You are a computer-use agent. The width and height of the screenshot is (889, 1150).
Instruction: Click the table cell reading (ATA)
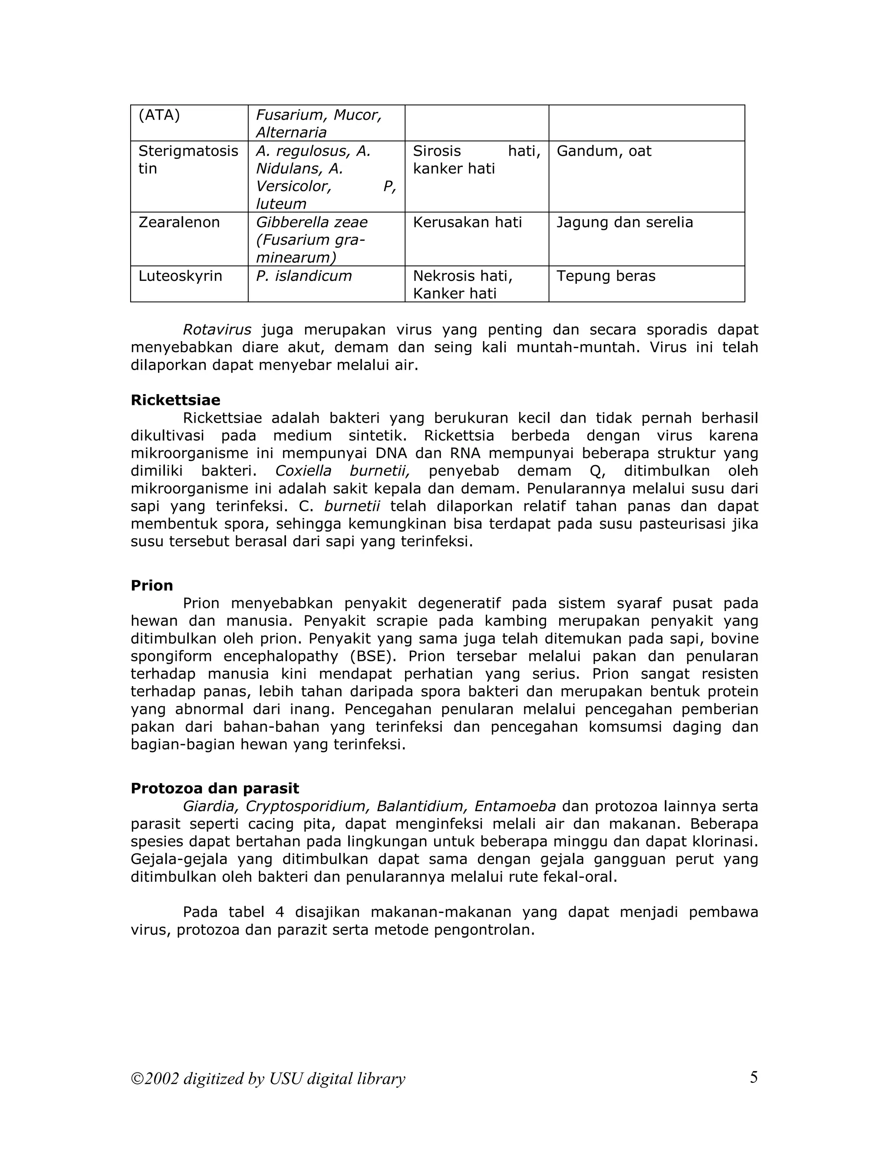[159, 115]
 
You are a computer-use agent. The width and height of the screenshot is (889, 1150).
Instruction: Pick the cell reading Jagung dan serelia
[624, 222]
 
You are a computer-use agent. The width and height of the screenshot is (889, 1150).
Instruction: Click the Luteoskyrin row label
[180, 276]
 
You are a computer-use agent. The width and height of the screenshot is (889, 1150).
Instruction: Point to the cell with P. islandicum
[303, 276]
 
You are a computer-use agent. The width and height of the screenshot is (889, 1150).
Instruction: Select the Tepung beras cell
[606, 276]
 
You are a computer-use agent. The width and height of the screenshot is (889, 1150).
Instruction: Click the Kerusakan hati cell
[467, 222]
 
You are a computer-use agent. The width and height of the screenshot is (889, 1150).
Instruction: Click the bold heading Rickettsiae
[175, 400]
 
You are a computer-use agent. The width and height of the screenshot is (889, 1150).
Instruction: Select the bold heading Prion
[151, 585]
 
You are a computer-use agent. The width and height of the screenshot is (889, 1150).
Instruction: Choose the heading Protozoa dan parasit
[214, 788]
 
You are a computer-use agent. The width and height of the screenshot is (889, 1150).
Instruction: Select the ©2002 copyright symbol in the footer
[138, 1079]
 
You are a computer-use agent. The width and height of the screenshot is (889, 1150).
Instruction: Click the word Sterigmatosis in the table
[188, 151]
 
